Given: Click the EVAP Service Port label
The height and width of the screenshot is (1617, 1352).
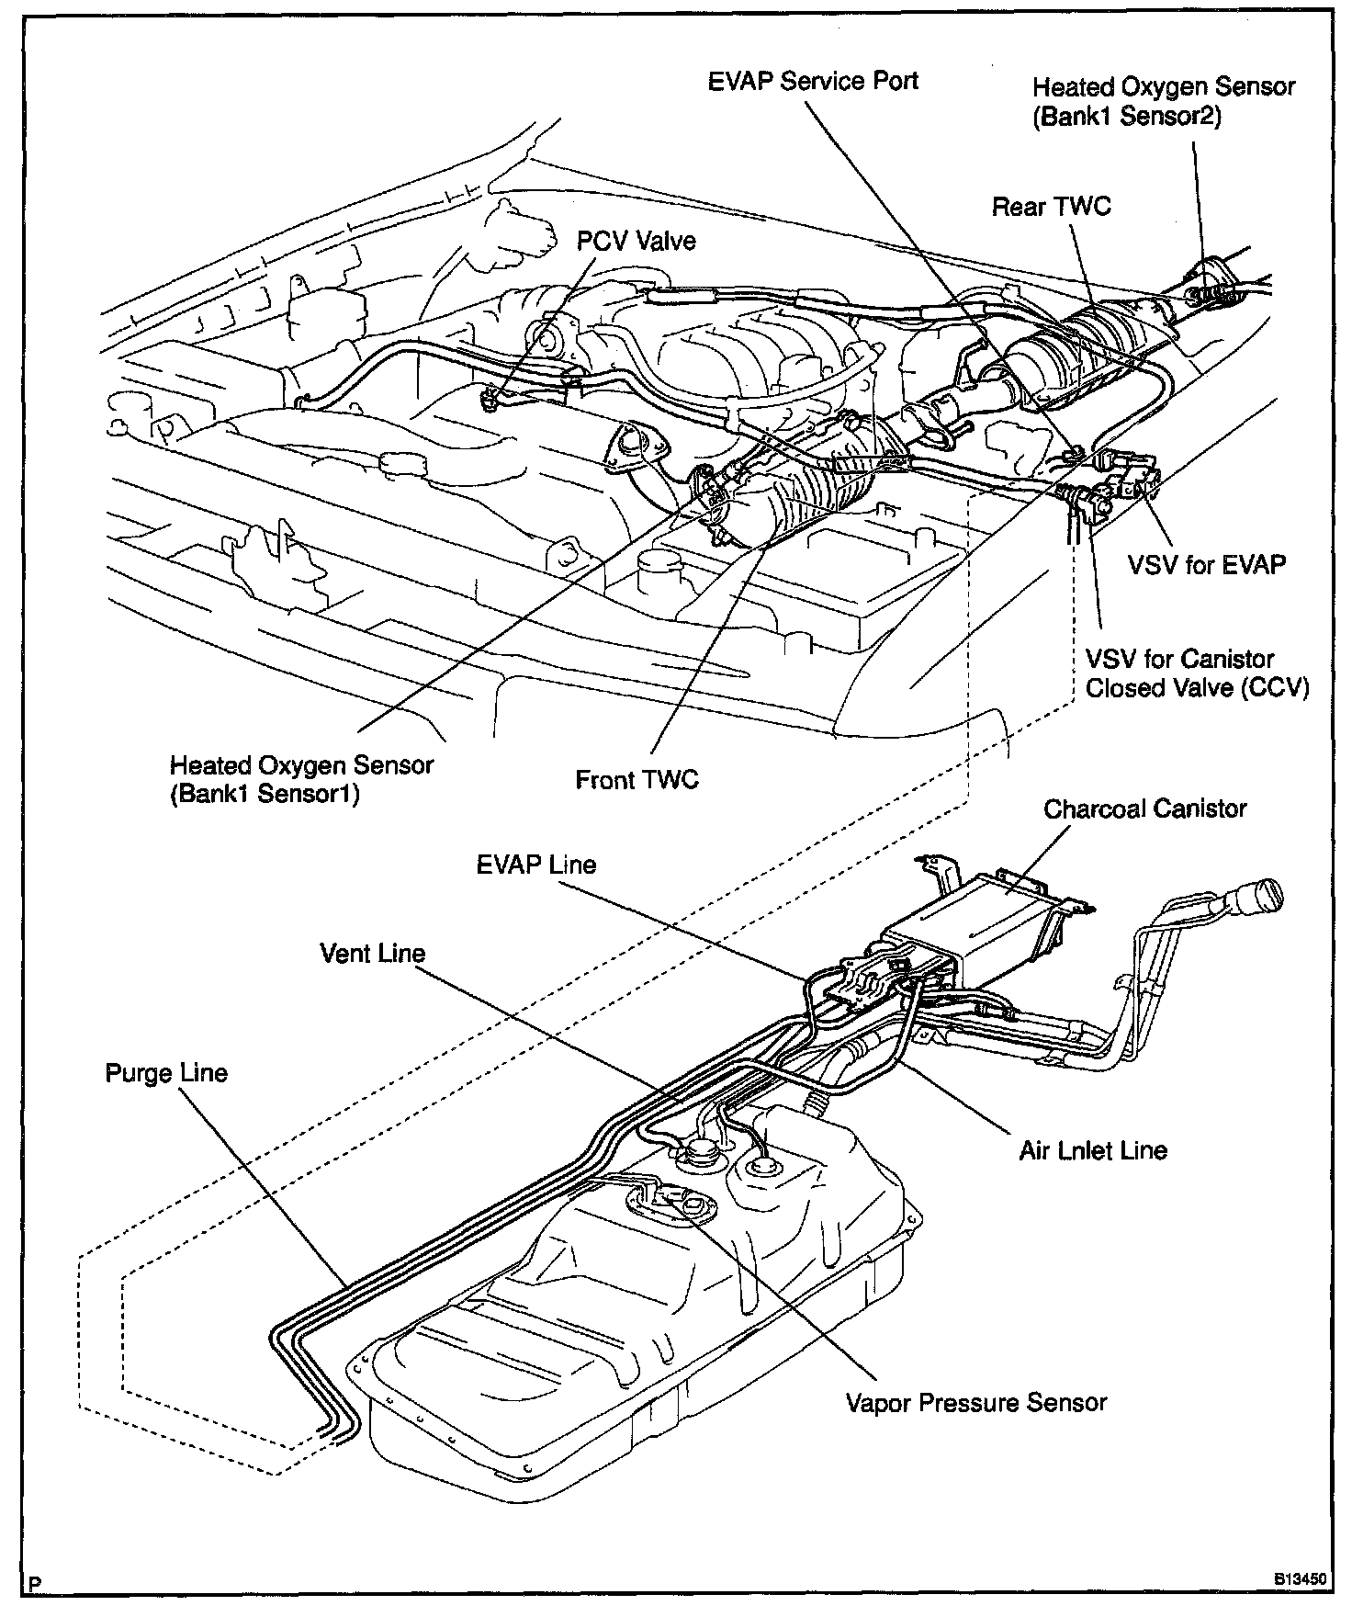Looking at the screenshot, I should point(813,81).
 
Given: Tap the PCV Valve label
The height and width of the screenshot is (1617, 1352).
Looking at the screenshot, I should point(636,241).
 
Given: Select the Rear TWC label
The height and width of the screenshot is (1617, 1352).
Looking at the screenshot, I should point(1051,206).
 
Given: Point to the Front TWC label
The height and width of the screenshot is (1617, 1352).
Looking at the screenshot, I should point(637,780).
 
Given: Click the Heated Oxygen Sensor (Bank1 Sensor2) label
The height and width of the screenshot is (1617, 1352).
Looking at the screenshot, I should point(1163,102).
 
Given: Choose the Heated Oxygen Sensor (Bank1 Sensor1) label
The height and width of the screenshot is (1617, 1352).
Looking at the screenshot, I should point(301,779).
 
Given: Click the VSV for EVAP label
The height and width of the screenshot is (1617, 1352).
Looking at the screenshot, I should point(1206,564).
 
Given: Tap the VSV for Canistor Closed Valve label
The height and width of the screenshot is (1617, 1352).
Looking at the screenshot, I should point(1196,673).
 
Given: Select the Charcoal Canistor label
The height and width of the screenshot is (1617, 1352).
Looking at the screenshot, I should point(1144,808).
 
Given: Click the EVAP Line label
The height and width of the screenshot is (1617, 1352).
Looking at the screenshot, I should point(536,865).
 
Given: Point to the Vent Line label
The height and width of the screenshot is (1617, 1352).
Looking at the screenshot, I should point(373,953).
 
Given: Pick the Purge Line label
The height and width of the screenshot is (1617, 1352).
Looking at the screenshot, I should point(166,1073).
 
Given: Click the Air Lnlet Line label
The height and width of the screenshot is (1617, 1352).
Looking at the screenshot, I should point(1092,1150).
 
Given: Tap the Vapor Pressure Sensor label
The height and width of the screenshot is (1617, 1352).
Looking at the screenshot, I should point(975,1403).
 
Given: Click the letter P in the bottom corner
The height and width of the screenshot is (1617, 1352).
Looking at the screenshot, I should point(35,1584).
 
